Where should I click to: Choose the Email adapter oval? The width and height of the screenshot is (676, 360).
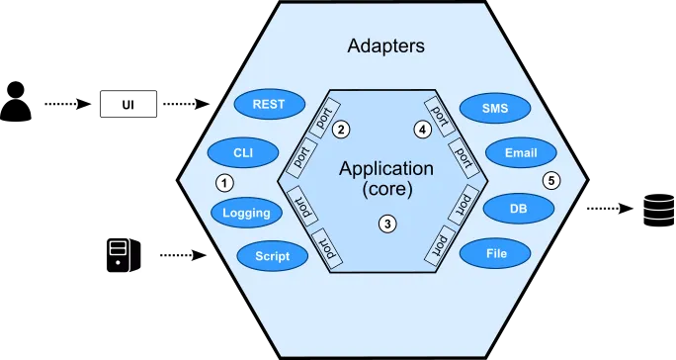pos(520,153)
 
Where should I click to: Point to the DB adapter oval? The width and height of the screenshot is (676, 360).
pos(518,209)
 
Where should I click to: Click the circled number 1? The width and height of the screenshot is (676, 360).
pos(224,182)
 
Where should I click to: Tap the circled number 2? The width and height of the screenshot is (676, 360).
pos(341,129)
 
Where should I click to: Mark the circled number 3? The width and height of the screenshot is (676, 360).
pos(388,224)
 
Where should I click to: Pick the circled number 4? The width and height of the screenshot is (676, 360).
pos(423,129)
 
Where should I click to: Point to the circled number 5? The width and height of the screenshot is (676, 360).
pos(551,180)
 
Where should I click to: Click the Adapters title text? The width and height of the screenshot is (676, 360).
pos(386,45)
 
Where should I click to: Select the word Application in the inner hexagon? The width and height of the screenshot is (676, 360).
pos(385,168)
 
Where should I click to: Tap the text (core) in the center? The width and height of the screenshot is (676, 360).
pos(385,188)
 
